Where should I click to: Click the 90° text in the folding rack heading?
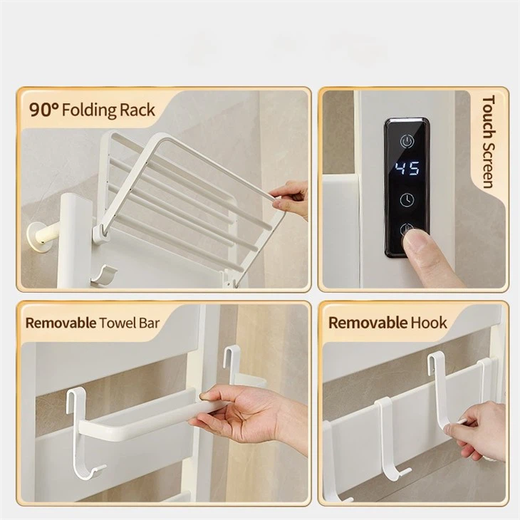pyautogui.click(x=43, y=110)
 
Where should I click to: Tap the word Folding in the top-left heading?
pyautogui.click(x=89, y=110)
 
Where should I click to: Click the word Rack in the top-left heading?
pyautogui.click(x=137, y=110)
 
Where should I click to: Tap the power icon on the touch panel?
pyautogui.click(x=407, y=141)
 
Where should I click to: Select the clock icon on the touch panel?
pyautogui.click(x=407, y=199)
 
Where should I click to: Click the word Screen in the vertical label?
pyautogui.click(x=489, y=165)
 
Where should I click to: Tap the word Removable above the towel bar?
pyautogui.click(x=61, y=323)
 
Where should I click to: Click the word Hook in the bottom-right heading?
pyautogui.click(x=429, y=323)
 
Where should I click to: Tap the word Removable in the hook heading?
pyautogui.click(x=368, y=323)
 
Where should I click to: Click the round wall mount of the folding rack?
pyautogui.click(x=38, y=236)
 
